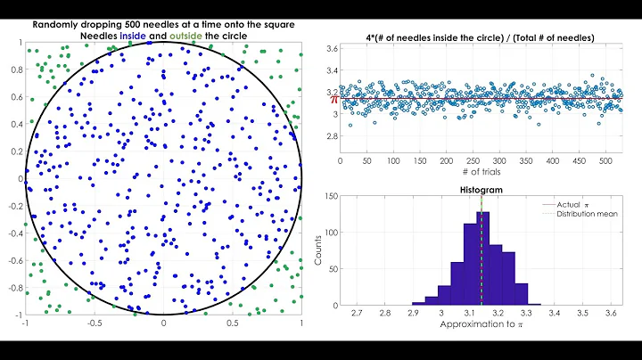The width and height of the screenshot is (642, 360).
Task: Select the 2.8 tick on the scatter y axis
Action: coord(330,136)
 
